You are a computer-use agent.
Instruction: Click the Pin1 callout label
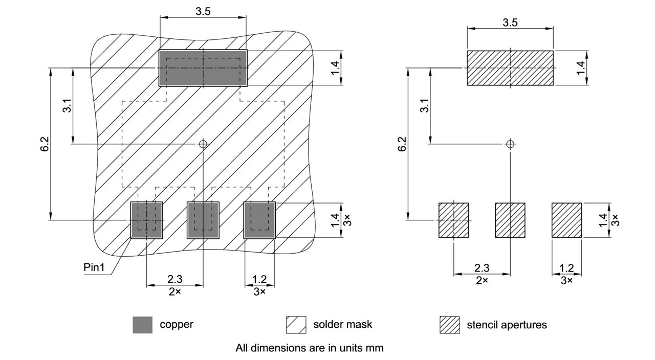point(94,267)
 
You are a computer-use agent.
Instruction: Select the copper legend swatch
point(142,325)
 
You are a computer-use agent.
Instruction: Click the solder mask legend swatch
point(296,325)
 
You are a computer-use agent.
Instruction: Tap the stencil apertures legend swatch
point(449,325)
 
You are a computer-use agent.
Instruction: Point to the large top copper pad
point(203,68)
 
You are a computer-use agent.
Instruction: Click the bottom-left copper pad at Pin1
point(147,220)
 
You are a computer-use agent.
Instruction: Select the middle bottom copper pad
point(203,220)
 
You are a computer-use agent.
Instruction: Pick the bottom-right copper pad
point(259,220)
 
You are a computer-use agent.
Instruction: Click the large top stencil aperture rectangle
point(510,67)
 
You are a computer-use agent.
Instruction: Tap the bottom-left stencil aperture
point(454,220)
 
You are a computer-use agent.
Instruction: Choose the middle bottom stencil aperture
point(510,220)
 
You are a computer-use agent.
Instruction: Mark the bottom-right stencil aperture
point(566,220)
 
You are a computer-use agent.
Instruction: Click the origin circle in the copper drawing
point(203,144)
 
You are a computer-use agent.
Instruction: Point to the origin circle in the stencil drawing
point(510,144)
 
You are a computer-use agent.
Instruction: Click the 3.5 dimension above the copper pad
point(203,11)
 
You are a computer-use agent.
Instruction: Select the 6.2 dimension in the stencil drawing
point(403,144)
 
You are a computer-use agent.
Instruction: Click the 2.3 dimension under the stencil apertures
point(482,268)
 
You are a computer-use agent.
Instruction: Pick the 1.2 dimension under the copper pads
point(259,279)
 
